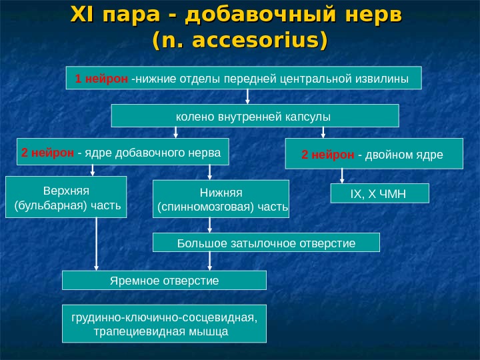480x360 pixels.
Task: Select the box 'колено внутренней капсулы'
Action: click(254, 116)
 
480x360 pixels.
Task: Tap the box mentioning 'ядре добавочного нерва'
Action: click(121, 152)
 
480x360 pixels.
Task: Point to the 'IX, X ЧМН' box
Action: click(379, 194)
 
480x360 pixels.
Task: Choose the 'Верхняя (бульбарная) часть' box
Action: click(66, 197)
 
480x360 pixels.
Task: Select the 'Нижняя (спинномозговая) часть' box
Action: click(221, 199)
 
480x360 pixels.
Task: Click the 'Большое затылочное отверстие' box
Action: click(266, 243)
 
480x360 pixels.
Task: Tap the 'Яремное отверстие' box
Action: click(164, 280)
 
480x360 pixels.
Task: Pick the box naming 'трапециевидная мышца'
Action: click(164, 324)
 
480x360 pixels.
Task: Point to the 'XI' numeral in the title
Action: click(81, 15)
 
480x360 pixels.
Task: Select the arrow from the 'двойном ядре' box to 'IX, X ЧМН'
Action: click(342, 175)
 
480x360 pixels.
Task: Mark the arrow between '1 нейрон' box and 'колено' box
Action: click(247, 97)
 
